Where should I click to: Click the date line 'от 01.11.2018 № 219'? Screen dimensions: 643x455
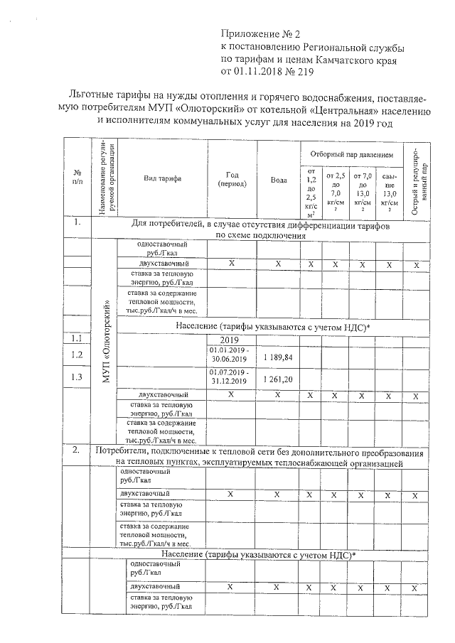(x=267, y=72)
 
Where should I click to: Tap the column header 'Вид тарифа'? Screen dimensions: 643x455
(x=162, y=178)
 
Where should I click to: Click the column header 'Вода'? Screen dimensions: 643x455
(x=279, y=180)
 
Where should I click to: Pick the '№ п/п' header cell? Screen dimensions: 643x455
(x=77, y=178)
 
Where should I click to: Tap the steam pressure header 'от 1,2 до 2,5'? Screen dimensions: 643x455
(x=311, y=192)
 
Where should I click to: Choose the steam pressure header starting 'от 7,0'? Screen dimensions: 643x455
(x=363, y=192)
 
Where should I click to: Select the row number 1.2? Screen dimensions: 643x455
(x=77, y=355)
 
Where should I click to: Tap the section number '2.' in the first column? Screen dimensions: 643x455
(x=76, y=451)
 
